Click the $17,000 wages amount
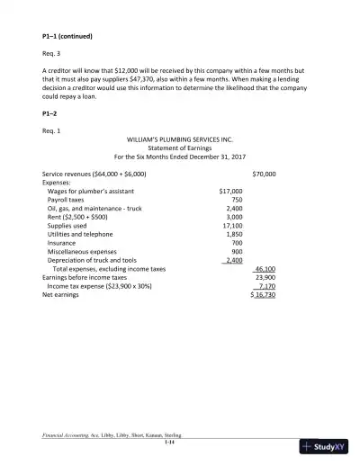[230, 191]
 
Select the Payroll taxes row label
[66, 200]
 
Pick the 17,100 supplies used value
[231, 225]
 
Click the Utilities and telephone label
[80, 234]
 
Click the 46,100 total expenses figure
[265, 268]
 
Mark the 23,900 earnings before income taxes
[265, 277]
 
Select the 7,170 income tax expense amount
[267, 285]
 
